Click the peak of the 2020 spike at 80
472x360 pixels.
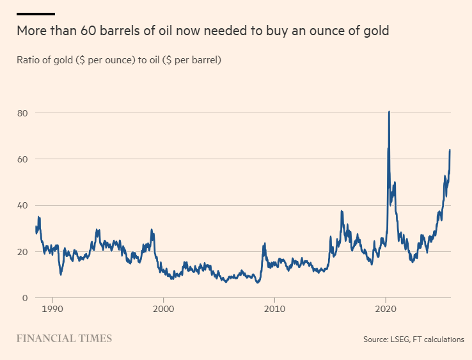point(389,112)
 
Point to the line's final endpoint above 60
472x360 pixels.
point(450,150)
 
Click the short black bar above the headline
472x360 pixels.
point(35,13)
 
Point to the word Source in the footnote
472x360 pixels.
point(375,340)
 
